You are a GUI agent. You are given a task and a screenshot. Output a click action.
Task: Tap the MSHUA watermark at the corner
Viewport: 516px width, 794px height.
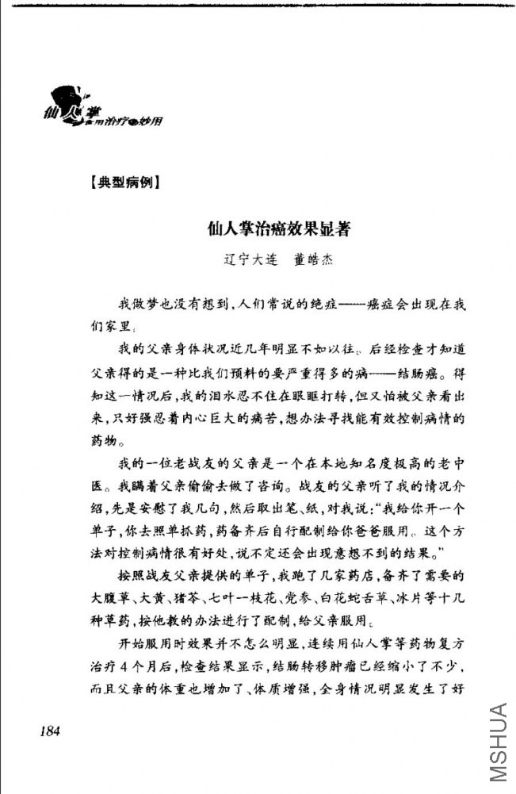(x=497, y=742)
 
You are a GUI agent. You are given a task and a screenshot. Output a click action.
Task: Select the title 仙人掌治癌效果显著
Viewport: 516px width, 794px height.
(x=278, y=229)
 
